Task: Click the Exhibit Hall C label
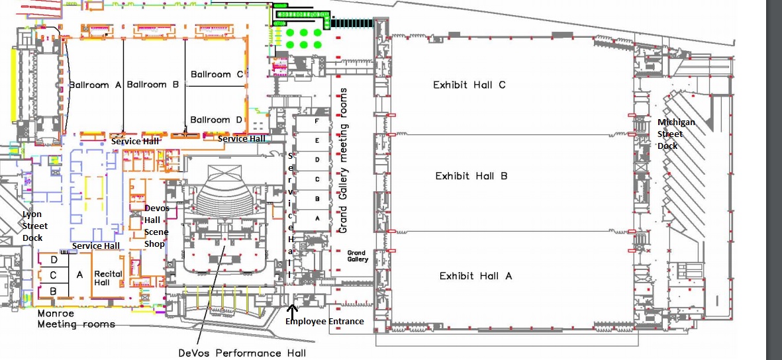[x=469, y=85]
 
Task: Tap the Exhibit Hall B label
[x=471, y=176]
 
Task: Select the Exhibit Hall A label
[x=475, y=276]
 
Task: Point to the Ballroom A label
[x=95, y=85]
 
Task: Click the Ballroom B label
[x=153, y=85]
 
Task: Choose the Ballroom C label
[x=217, y=75]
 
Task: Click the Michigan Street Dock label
[x=676, y=134]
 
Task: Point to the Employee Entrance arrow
[x=292, y=308]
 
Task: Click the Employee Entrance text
[x=324, y=322]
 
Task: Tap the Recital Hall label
[x=106, y=278]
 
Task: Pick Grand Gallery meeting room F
[x=317, y=122]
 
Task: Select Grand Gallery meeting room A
[x=317, y=217]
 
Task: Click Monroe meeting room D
[x=53, y=259]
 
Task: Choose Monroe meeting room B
[x=53, y=291]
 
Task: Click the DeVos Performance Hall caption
[x=242, y=353]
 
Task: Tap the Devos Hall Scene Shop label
[x=157, y=226]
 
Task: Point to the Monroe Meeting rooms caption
[x=75, y=318]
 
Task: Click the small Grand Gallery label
[x=357, y=256]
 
